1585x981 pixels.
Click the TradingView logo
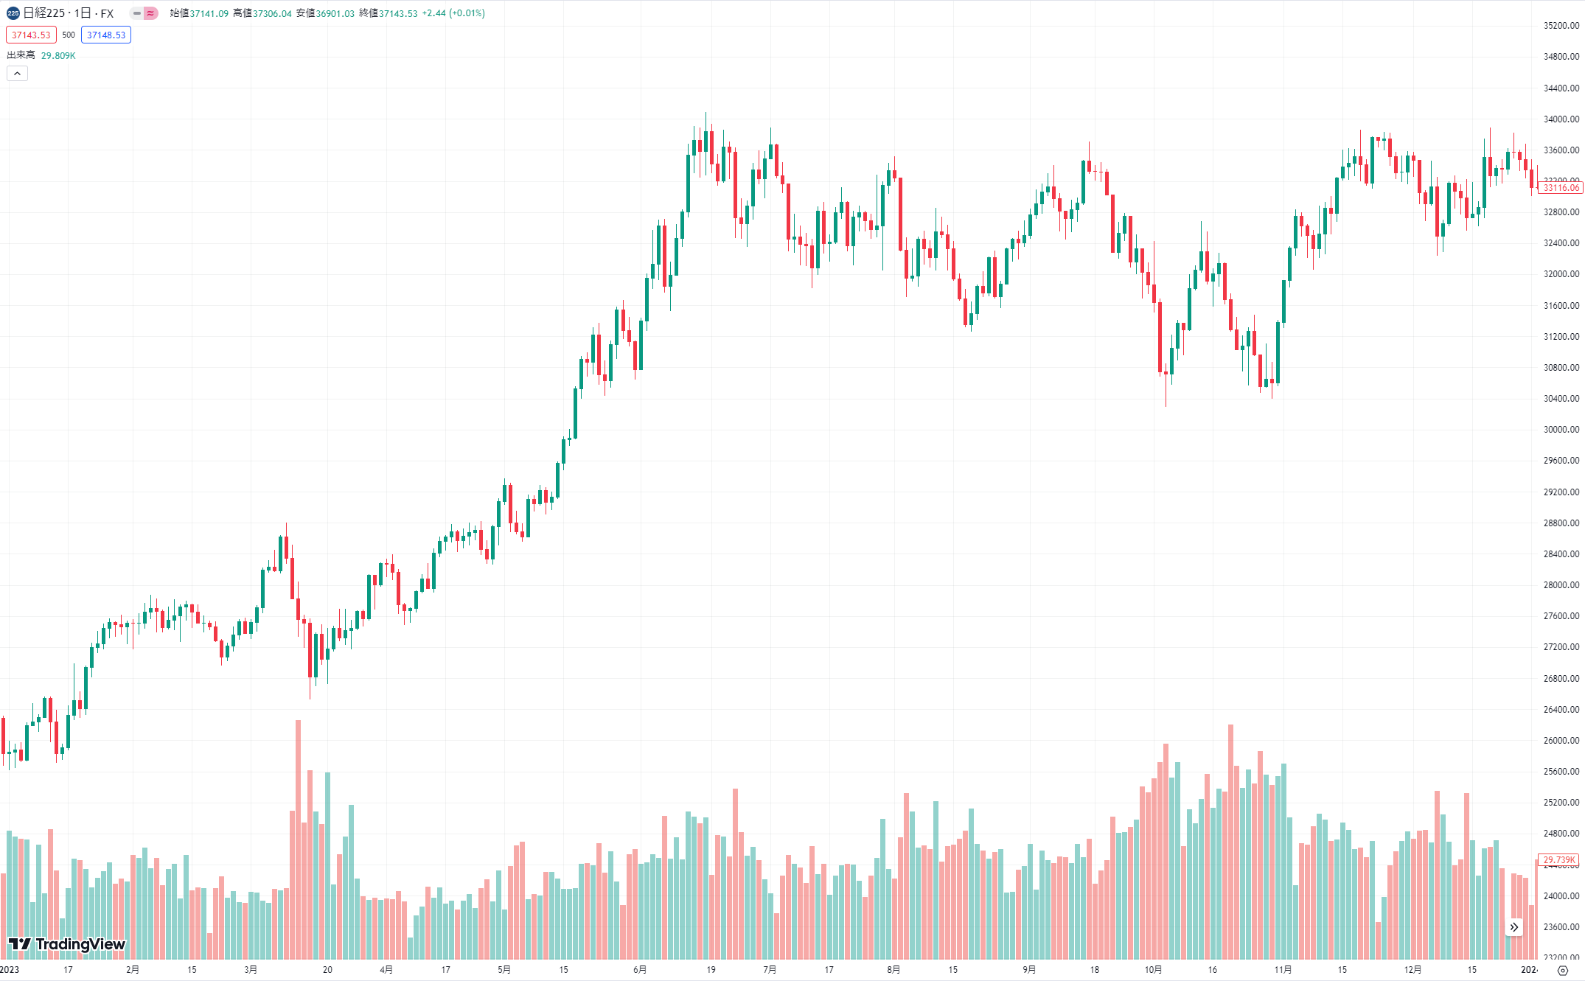[x=66, y=944]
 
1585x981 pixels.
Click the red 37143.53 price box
[x=31, y=35]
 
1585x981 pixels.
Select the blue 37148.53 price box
[x=106, y=35]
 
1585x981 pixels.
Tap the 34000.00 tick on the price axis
[x=1561, y=119]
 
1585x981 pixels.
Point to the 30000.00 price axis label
[x=1561, y=430]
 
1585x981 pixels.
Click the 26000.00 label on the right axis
[x=1561, y=741]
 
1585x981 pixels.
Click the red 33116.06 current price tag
[x=1561, y=188]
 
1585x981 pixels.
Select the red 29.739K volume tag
[x=1559, y=859]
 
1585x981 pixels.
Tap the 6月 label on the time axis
[x=640, y=969]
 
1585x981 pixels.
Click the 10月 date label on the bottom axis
[x=1153, y=969]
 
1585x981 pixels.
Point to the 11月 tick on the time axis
[x=1283, y=969]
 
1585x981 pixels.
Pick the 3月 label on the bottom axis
[x=251, y=969]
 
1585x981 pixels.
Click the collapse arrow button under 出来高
[x=17, y=73]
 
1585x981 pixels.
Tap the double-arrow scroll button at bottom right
[x=1513, y=927]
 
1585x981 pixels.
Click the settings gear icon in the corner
[x=1562, y=970]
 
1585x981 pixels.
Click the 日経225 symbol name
[x=44, y=13]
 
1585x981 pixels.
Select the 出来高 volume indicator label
[x=21, y=55]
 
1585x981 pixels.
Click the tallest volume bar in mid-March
[x=298, y=840]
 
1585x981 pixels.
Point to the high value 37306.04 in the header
[x=272, y=13]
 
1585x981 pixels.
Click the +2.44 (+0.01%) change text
[x=453, y=13]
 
